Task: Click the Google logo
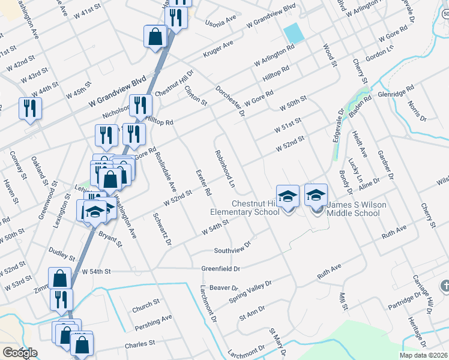[20, 353]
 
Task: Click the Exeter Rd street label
[203, 183]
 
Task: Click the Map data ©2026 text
[424, 355]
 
